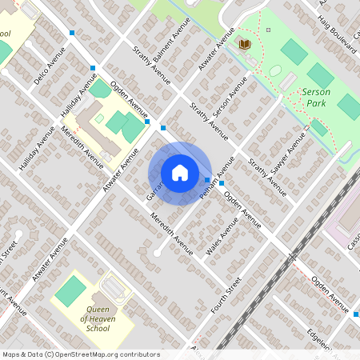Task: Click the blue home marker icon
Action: pos(180,173)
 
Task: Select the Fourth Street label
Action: pos(226,295)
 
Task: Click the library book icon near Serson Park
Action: pos(246,43)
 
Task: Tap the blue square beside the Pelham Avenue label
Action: pos(208,179)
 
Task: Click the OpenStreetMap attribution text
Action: pos(81,354)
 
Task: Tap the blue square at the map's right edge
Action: pos(356,314)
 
